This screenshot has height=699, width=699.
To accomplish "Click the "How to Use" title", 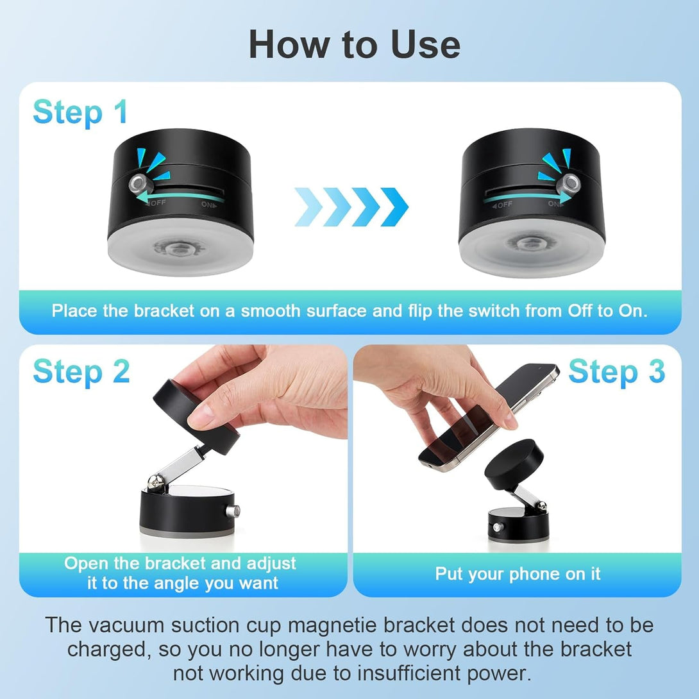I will tap(354, 44).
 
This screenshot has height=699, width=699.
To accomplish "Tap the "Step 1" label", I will tap(80, 112).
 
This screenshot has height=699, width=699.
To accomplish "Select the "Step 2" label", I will tap(81, 372).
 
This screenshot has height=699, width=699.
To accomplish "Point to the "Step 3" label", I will tap(616, 372).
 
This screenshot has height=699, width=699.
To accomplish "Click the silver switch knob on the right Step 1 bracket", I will tap(569, 185).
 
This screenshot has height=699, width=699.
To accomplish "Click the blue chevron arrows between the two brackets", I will tap(351, 207).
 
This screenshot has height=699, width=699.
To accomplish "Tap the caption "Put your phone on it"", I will tap(518, 573).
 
